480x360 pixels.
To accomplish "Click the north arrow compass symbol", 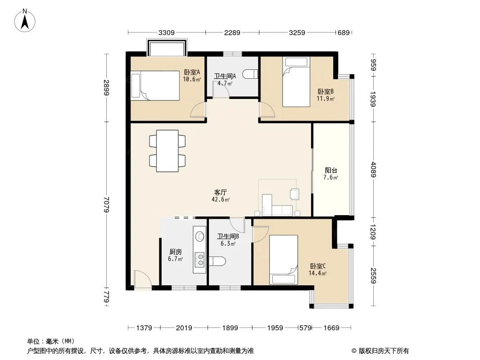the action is [x=24, y=21].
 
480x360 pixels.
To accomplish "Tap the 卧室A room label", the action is [x=192, y=72].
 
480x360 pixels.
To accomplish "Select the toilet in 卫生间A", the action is [x=250, y=74].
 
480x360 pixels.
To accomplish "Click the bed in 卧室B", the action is [x=296, y=82].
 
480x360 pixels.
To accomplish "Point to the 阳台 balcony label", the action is [x=331, y=171].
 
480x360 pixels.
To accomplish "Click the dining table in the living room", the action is [x=167, y=151].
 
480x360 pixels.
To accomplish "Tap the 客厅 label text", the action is [x=220, y=193].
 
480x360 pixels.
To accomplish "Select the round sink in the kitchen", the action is [x=200, y=236].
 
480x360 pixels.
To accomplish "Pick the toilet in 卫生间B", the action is [x=217, y=261].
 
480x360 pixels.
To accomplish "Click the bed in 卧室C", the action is [x=284, y=260].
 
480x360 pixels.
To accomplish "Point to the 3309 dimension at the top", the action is [x=167, y=32].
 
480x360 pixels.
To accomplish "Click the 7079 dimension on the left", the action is [x=106, y=204].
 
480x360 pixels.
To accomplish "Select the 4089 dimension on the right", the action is [x=373, y=170].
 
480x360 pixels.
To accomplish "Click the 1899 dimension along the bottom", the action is [x=230, y=328].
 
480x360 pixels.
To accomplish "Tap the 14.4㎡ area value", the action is [x=317, y=274].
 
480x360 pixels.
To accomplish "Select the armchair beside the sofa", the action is [x=294, y=194].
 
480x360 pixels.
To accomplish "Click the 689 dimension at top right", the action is [x=344, y=32].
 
